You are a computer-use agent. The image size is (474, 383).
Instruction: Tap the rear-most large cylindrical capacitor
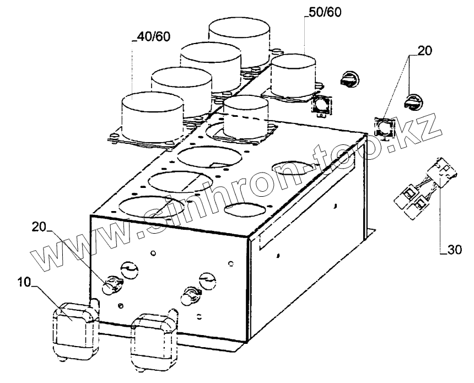coord(239,37)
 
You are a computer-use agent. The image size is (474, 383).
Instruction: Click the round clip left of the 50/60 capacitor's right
coord(349,79)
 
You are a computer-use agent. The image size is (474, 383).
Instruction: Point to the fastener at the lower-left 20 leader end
coord(114,284)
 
